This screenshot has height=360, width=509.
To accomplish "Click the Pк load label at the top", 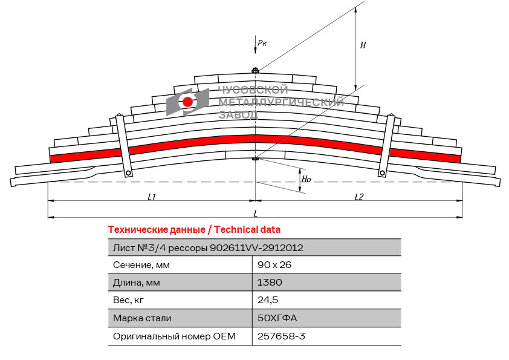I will click(262, 42).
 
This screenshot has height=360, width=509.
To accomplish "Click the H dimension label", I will click(363, 45).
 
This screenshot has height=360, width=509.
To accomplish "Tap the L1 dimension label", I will click(152, 197).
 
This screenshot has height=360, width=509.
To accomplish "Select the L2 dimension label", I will click(358, 197).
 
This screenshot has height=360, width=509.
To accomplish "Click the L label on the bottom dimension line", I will click(255, 214).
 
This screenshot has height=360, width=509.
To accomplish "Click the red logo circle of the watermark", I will click(188, 102).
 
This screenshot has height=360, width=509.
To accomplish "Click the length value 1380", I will click(270, 283).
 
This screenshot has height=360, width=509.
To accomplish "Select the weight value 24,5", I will click(268, 300).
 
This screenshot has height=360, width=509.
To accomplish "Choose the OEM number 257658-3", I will click(281, 336).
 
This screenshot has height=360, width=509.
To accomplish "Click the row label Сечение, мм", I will click(141, 265).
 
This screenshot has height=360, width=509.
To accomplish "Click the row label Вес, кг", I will click(129, 300).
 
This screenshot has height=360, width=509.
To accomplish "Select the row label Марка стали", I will click(142, 318).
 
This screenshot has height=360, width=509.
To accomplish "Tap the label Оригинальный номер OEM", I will click(174, 336).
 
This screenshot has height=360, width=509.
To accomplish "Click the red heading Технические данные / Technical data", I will click(194, 230).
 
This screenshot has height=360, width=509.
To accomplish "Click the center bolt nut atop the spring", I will click(255, 71).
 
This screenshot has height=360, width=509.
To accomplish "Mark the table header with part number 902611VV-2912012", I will click(208, 247).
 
